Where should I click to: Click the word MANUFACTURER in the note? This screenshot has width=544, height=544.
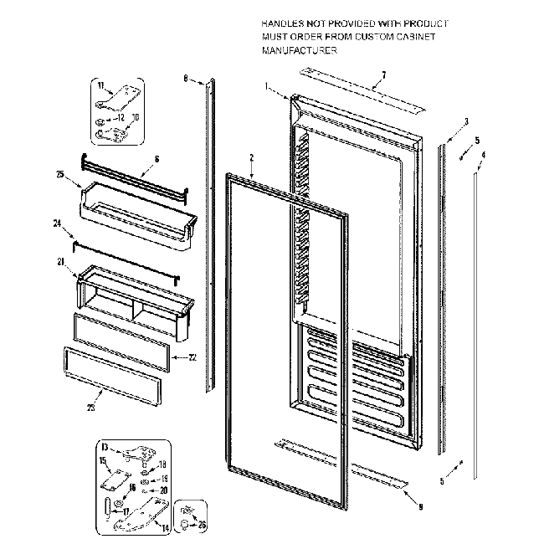(x=299, y=51)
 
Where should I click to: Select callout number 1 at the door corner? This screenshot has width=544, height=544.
(x=266, y=86)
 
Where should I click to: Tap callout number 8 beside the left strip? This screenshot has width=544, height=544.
(x=185, y=79)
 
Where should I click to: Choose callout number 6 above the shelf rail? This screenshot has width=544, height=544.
(x=157, y=158)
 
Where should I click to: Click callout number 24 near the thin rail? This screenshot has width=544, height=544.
(x=58, y=223)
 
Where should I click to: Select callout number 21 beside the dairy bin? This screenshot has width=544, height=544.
(x=61, y=262)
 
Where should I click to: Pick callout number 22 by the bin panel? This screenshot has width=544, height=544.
(x=192, y=357)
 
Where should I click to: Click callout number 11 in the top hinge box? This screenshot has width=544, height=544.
(x=100, y=86)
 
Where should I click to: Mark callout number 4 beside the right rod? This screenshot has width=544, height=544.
(x=483, y=154)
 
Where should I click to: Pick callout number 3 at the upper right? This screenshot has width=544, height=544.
(x=466, y=121)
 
